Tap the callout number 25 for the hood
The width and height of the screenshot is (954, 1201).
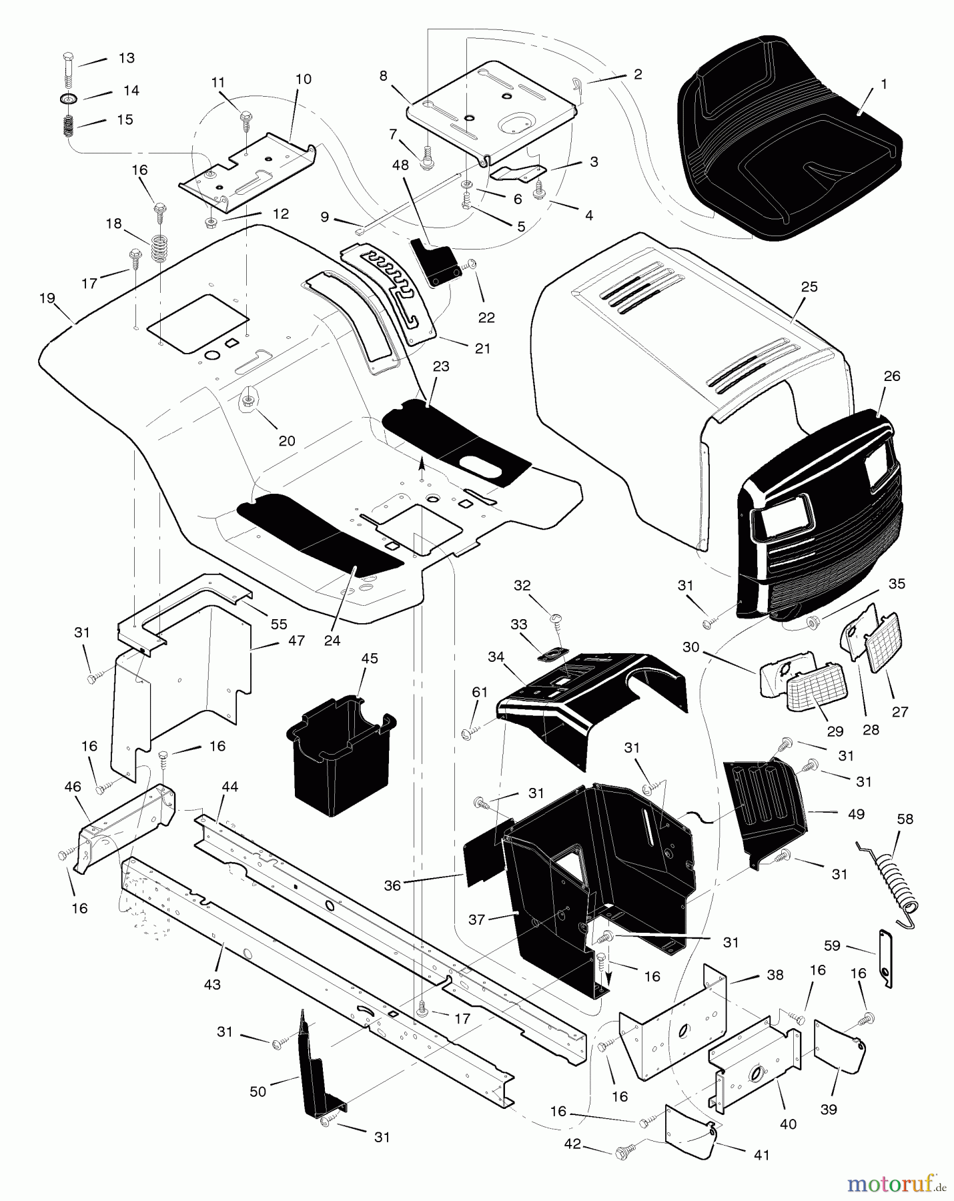pos(809,287)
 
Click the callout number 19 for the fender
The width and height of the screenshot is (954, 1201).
pos(47,298)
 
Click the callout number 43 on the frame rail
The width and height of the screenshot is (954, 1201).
pos(212,984)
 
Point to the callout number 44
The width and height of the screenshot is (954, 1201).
pos(230,787)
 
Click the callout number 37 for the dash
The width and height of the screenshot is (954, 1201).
pos(476,920)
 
